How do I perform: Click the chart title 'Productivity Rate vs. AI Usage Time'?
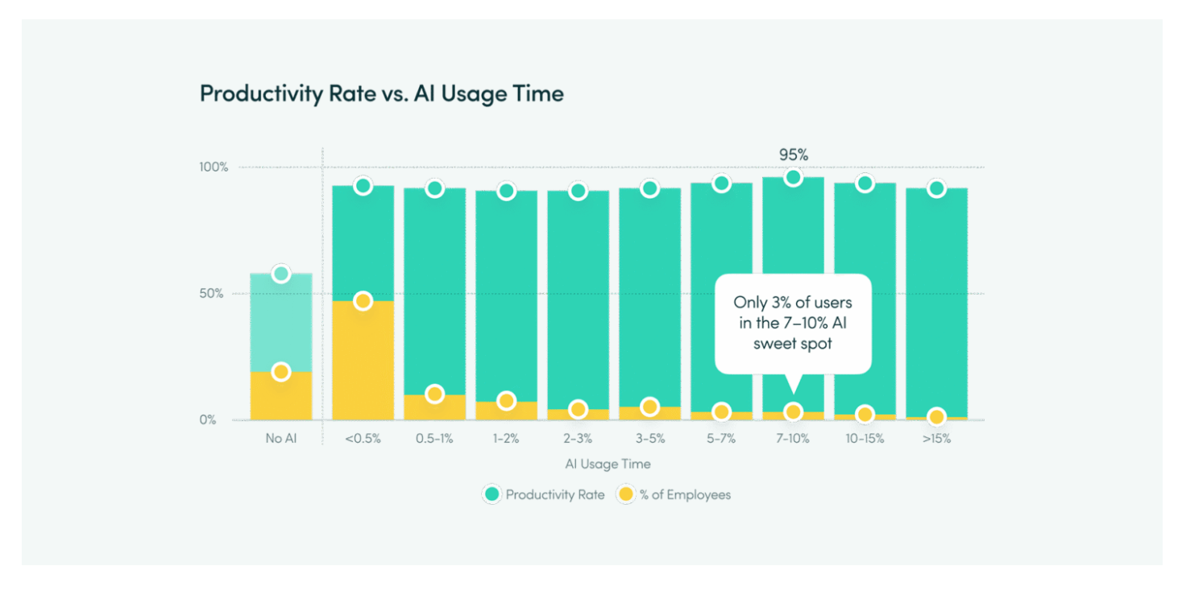point(381,93)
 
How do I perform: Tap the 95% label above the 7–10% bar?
point(793,155)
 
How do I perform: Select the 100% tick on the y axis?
point(214,167)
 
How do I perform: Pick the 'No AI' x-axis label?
point(281,440)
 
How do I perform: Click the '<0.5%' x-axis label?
point(363,440)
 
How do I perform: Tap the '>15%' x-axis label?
point(936,440)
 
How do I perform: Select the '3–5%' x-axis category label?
point(649,440)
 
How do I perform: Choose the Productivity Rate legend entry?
point(544,494)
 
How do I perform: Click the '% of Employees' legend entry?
point(674,494)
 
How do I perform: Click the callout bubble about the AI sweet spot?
point(793,324)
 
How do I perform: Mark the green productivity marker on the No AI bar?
point(281,274)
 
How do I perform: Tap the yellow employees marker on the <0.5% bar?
point(363,301)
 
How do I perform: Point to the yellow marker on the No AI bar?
point(281,372)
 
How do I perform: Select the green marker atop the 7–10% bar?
point(793,178)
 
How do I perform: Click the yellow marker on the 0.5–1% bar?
point(434,395)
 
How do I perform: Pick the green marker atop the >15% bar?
point(936,188)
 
